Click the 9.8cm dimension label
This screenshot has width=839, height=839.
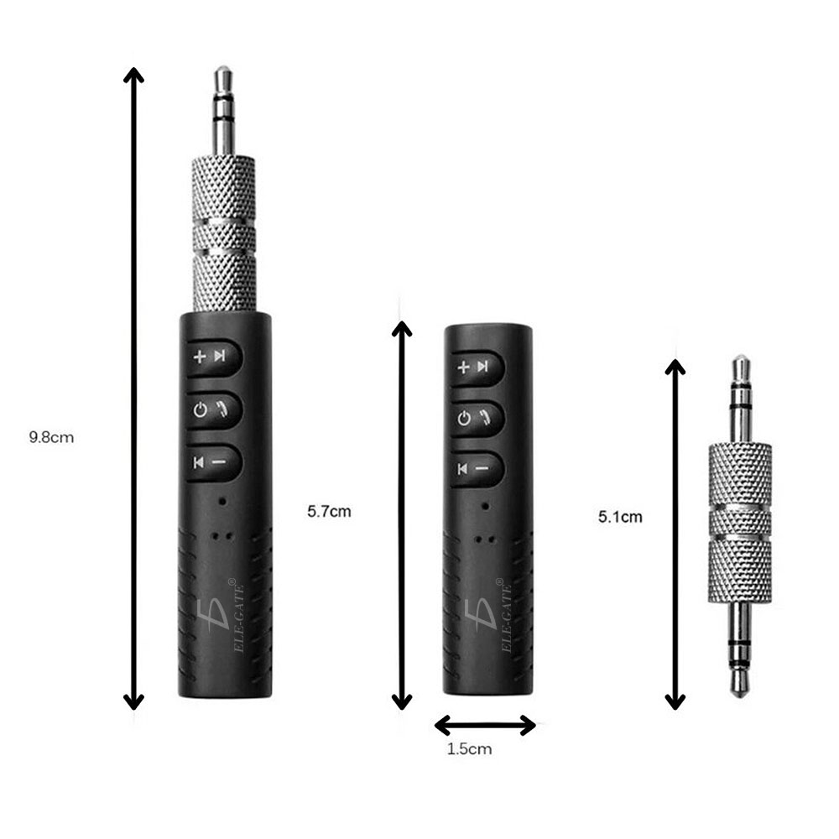pyautogui.click(x=51, y=436)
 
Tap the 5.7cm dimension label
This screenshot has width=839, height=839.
pyautogui.click(x=329, y=511)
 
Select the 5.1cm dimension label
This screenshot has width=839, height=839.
pyautogui.click(x=620, y=517)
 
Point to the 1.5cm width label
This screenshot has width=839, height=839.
pyautogui.click(x=469, y=749)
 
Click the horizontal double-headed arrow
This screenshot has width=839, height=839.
pyautogui.click(x=485, y=725)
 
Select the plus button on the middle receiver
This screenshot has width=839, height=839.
pyautogui.click(x=473, y=367)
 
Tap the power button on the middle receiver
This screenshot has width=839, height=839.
pyautogui.click(x=473, y=417)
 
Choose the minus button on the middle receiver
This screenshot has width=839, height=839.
pyautogui.click(x=473, y=468)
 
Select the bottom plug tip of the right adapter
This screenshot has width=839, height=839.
pyautogui.click(x=740, y=684)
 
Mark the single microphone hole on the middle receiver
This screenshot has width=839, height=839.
pyautogui.click(x=485, y=506)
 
